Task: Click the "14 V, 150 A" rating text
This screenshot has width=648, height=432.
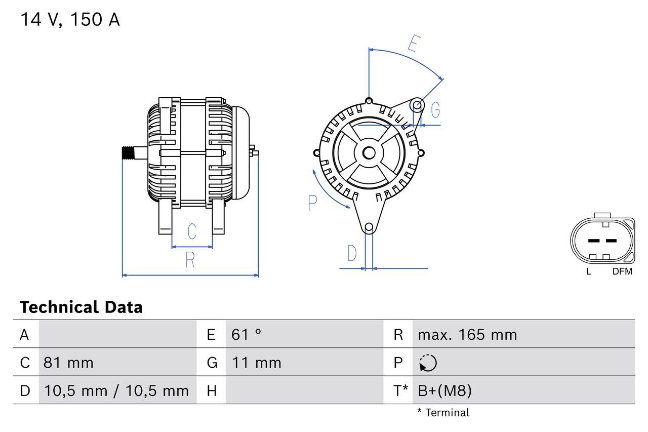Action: point(70,20)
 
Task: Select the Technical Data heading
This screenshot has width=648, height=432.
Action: point(81,307)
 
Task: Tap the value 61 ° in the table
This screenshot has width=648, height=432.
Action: point(247,335)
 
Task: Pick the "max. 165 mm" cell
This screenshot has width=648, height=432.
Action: point(467,335)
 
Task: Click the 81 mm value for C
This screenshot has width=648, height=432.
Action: point(68,363)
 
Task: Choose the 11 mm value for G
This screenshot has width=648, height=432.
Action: point(256,363)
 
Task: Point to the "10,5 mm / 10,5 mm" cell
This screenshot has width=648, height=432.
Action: point(116,390)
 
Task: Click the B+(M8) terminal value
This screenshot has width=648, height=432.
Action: point(444,390)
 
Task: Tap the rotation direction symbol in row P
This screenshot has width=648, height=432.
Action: point(428,363)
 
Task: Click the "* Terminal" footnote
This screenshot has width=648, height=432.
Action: point(443,413)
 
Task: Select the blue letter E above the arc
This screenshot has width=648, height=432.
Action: point(413,45)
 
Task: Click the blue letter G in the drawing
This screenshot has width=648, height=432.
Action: point(435,110)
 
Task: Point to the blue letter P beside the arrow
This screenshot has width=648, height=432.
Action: point(312,204)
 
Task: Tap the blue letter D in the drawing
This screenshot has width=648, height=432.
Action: point(352,253)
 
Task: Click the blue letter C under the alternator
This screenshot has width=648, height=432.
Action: point(192,231)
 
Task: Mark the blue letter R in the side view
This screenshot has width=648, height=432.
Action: point(190,260)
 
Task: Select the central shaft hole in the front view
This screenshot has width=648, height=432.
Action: point(369,152)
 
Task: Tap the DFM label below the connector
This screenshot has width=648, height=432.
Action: point(622,271)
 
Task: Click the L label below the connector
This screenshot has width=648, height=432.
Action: point(588,271)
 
